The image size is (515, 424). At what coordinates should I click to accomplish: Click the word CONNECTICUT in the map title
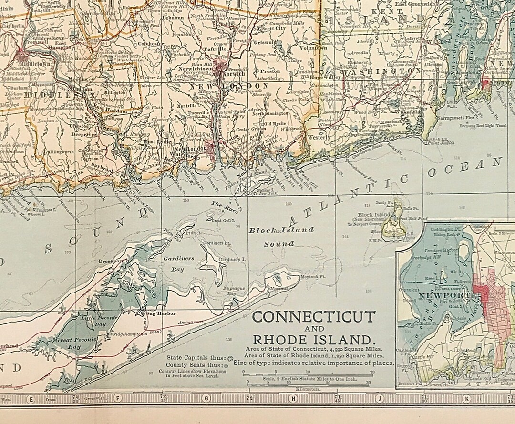(x=313, y=317)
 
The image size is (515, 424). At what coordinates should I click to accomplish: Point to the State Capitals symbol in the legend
(x=231, y=357)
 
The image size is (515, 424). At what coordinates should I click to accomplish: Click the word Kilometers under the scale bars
(x=308, y=389)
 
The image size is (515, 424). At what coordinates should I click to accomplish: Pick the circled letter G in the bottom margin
(x=206, y=398)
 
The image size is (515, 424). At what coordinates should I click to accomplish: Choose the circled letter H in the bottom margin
(x=291, y=398)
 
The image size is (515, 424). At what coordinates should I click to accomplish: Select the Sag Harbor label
(x=152, y=313)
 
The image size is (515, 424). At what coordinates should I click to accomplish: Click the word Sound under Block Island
(x=279, y=244)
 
